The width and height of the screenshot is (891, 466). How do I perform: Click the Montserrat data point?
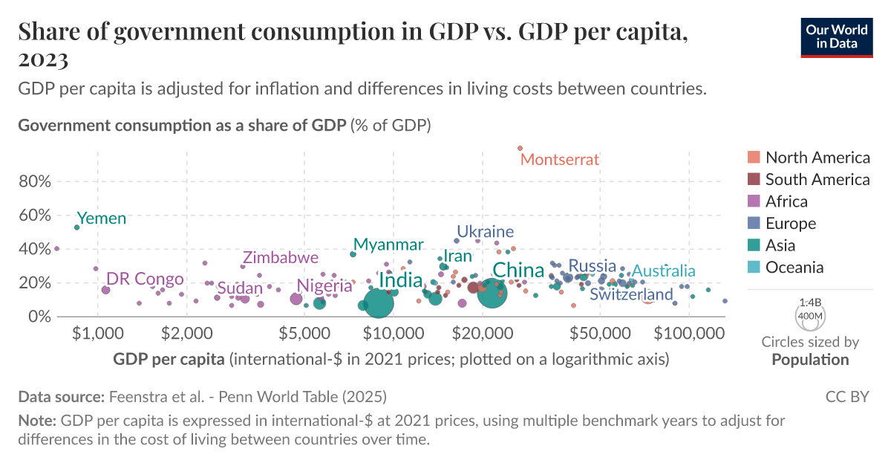click(520, 149)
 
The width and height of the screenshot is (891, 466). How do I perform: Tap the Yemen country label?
click(102, 219)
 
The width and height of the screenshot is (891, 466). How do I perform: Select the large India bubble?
click(379, 303)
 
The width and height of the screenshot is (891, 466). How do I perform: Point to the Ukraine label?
click(485, 231)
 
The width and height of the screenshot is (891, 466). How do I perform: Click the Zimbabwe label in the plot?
click(280, 258)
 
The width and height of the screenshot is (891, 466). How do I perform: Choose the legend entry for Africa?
click(786, 201)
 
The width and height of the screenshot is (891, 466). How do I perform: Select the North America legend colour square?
click(754, 157)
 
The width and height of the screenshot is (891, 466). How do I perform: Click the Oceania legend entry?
click(794, 268)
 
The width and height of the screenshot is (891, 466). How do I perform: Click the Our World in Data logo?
click(835, 36)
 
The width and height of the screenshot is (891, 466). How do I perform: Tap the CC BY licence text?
click(847, 397)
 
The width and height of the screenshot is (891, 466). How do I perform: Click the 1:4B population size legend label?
click(810, 303)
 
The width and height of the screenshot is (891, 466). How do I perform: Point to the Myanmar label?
click(388, 245)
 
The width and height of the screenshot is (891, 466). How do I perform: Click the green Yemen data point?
click(76, 227)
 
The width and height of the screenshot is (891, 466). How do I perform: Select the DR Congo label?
click(145, 279)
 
